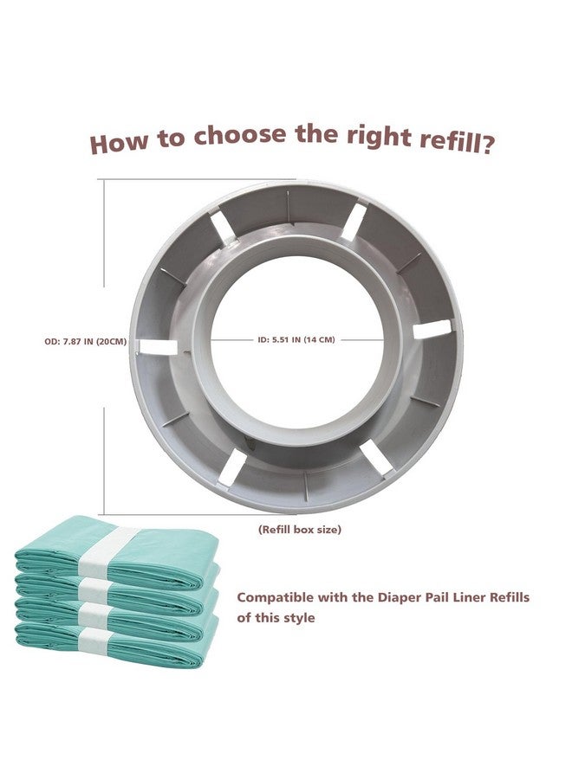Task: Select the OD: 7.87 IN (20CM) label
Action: point(85,342)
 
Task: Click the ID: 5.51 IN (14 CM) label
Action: point(296,340)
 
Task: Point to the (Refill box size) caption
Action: point(299,530)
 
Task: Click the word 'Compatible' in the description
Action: point(276,597)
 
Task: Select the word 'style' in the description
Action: point(296,618)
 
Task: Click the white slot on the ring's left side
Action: point(159,347)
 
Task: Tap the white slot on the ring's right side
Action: point(432,328)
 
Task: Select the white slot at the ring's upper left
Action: point(223,226)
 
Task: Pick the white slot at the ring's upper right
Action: point(354,222)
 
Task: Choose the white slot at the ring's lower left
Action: point(231,467)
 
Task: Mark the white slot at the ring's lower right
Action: point(376,459)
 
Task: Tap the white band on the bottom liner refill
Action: point(93,641)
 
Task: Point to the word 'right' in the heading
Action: point(379,138)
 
